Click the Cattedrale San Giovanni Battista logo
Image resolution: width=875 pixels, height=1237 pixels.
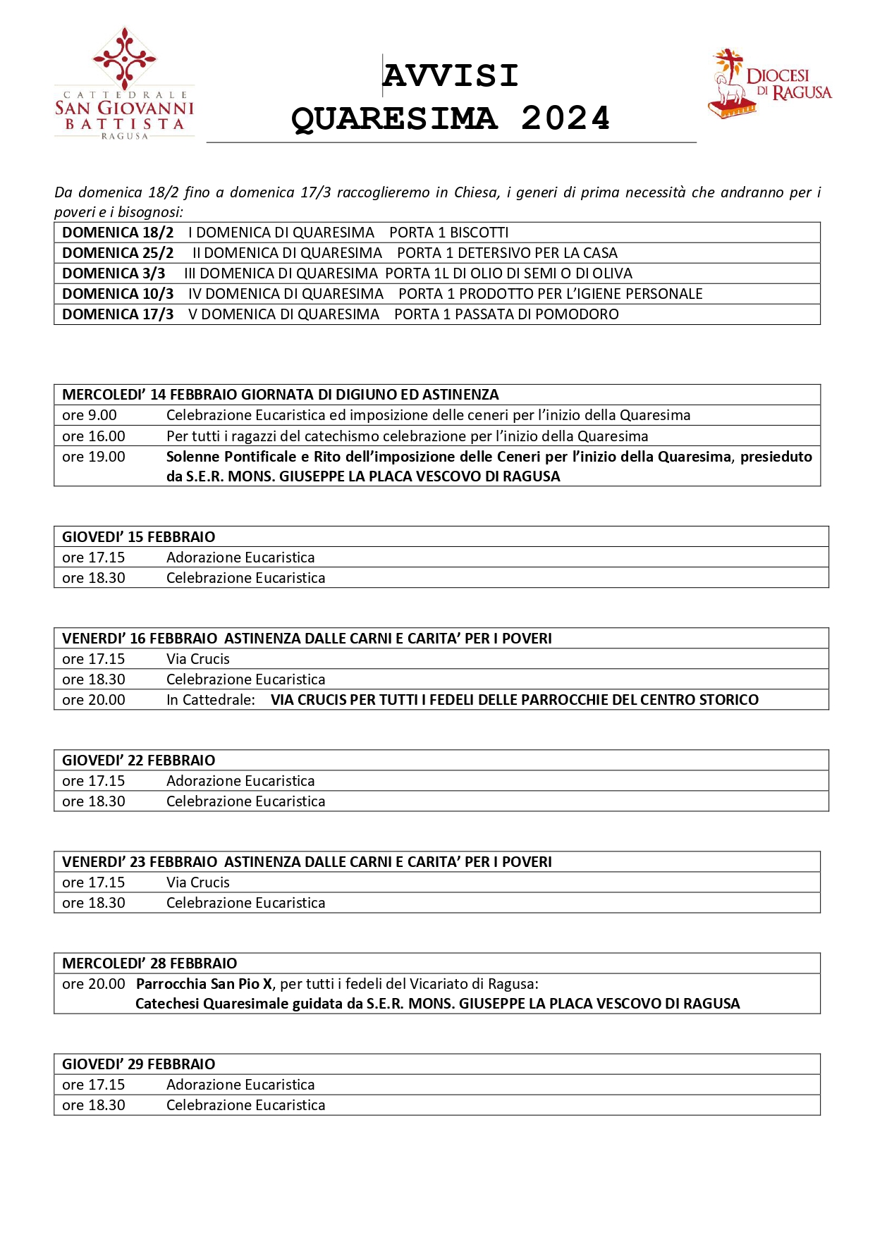(124, 85)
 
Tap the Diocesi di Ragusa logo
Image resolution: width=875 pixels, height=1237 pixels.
(770, 84)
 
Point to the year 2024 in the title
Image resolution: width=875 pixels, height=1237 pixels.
(565, 118)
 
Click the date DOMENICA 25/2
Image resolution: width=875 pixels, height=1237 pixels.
(118, 253)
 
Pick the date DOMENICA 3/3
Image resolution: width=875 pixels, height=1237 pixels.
(114, 273)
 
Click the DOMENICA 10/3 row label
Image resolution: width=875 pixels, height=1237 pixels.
(118, 294)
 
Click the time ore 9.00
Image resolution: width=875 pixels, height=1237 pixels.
(90, 415)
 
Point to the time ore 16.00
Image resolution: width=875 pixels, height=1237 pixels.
(94, 436)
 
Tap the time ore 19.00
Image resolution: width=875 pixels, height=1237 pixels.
(94, 457)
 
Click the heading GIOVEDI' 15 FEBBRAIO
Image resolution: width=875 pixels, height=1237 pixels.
(138, 537)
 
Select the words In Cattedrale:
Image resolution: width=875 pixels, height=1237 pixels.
(211, 700)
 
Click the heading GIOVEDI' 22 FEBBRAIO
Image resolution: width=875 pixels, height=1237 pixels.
(138, 761)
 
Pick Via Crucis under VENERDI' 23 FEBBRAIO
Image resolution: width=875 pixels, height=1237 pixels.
(198, 882)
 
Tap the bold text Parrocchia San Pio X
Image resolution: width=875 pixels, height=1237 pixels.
(204, 984)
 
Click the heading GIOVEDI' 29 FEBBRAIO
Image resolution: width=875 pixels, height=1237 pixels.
(138, 1064)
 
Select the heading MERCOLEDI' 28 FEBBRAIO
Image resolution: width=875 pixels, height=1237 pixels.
(149, 964)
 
